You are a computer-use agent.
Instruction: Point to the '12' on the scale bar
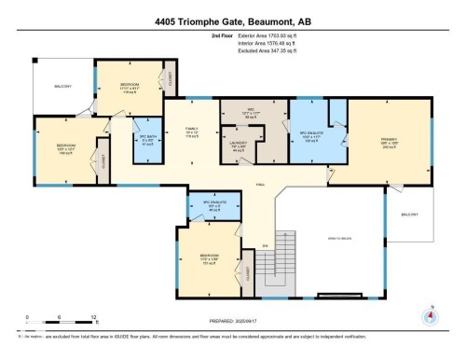pos(69,317)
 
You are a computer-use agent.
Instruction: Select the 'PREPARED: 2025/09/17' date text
pos(232,325)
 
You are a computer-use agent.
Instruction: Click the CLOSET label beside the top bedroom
pos(168,78)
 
